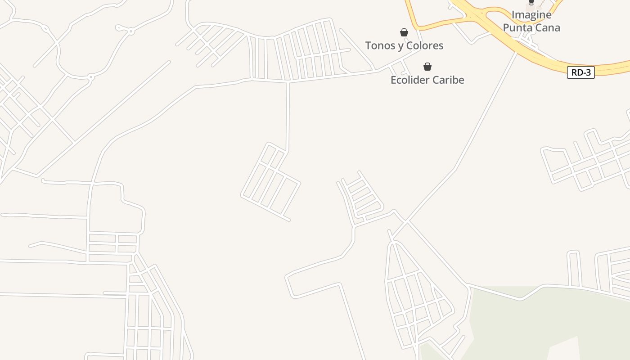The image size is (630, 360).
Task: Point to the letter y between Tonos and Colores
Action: point(397,46)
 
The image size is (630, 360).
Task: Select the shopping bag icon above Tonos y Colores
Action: point(404,32)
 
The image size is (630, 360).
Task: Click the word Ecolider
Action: point(409,80)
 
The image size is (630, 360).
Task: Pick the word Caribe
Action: point(448,80)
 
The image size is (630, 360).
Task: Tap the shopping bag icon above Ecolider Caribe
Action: point(427,67)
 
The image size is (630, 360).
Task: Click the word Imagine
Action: point(531,15)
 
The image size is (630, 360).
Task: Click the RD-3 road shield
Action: point(580,72)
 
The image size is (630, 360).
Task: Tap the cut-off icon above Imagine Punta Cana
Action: point(531,3)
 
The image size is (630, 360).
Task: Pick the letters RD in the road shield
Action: point(576,72)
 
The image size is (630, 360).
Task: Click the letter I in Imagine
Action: point(513,15)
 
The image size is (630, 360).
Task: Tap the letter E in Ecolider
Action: point(393,80)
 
